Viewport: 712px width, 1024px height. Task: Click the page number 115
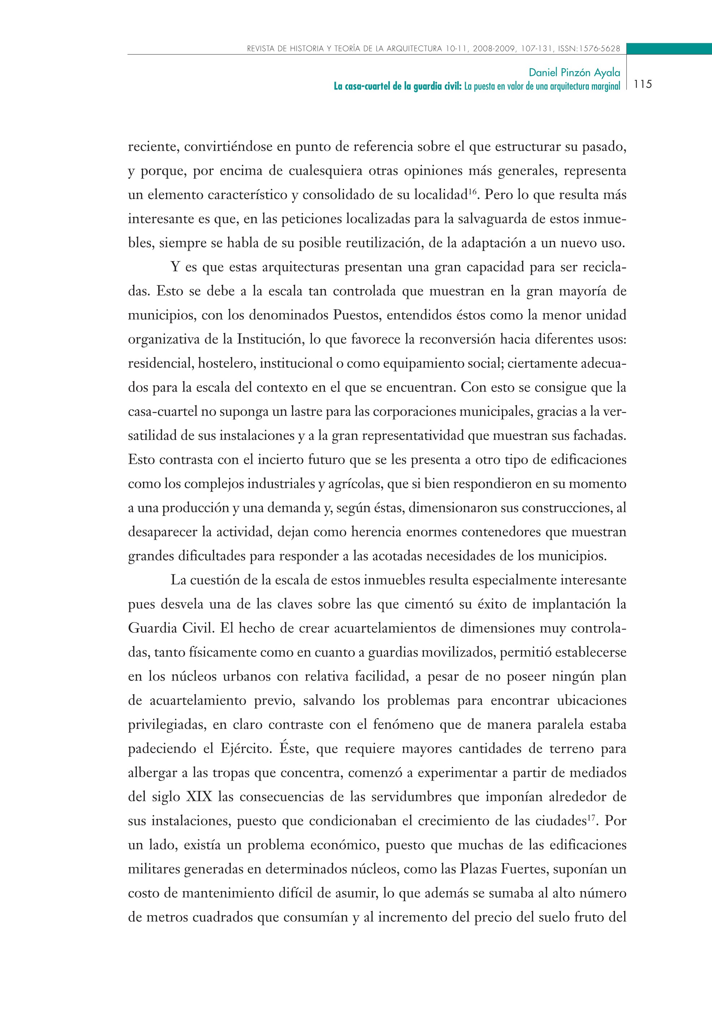click(642, 84)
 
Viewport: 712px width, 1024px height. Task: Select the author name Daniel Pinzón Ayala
click(574, 72)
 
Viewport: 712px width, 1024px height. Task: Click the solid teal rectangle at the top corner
click(669, 49)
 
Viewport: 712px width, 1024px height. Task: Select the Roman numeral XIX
click(199, 796)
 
